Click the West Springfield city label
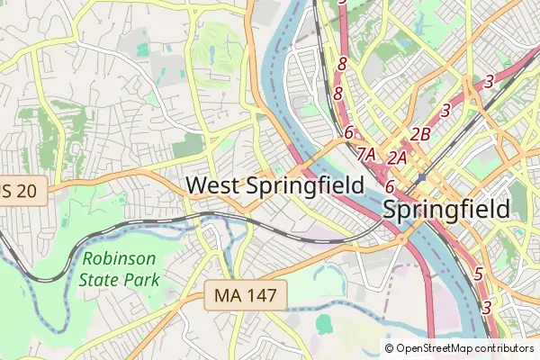click(274, 185)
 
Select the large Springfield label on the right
click(446, 210)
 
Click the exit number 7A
click(365, 154)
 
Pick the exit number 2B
click(420, 135)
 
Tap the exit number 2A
click(399, 157)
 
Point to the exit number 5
click(479, 274)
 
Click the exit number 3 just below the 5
click(486, 307)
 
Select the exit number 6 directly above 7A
click(348, 132)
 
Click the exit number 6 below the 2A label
click(390, 186)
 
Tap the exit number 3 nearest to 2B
click(445, 111)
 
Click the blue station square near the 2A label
click(420, 177)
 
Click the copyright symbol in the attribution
click(390, 348)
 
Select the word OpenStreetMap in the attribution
click(435, 348)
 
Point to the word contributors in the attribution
click(504, 348)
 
